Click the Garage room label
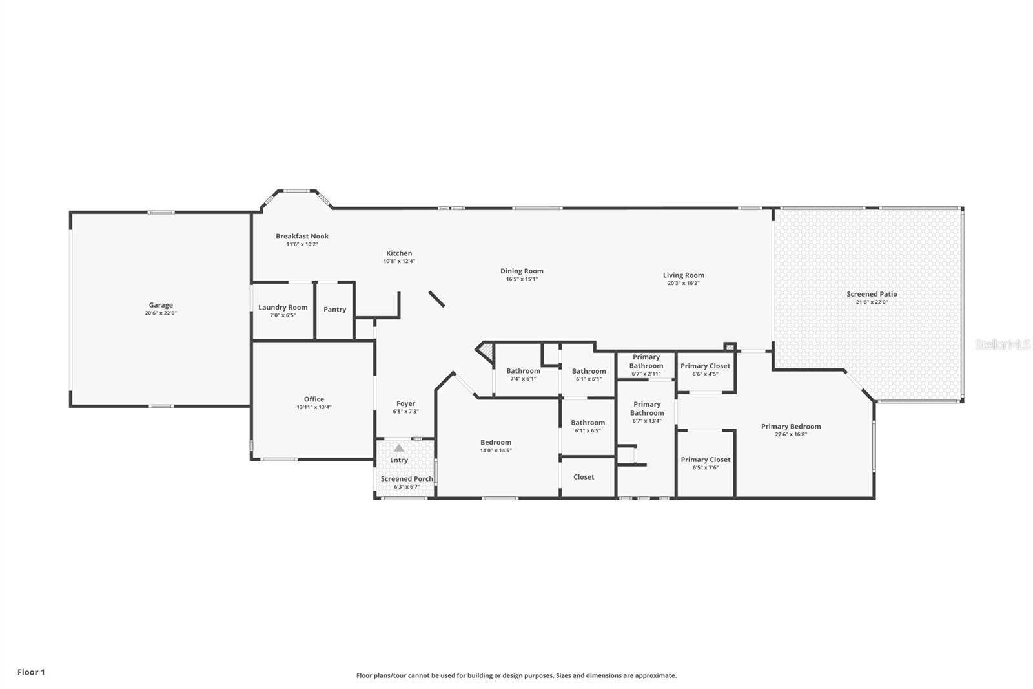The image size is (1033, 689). click(161, 305)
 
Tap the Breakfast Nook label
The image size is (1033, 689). click(302, 236)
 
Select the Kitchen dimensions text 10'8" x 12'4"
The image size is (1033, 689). click(400, 261)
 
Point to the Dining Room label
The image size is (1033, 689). click(522, 271)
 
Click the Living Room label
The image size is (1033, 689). click(684, 275)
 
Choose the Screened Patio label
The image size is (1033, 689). click(872, 294)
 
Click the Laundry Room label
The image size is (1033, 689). click(283, 308)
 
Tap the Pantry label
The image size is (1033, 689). click(335, 310)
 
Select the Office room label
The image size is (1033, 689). click(314, 399)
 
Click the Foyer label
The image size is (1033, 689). click(406, 403)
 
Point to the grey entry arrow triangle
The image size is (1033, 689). click(399, 448)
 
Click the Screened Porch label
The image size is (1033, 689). click(407, 479)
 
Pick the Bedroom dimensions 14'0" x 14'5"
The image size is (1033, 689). click(496, 450)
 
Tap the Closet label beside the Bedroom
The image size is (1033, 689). click(584, 477)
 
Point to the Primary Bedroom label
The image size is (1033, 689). click(791, 427)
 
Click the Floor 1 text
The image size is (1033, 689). click(32, 672)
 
